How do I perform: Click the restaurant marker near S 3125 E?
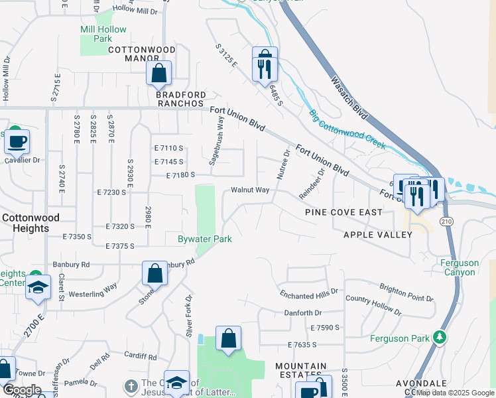point(265,64)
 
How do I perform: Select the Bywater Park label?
point(205,239)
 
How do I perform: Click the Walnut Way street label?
point(250,190)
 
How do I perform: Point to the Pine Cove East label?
point(343,212)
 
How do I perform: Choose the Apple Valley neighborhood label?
point(373,235)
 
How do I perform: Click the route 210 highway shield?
point(445,221)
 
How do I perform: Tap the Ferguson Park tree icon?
point(439,338)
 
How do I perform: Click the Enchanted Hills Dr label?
point(309,291)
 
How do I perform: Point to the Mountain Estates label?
point(301,370)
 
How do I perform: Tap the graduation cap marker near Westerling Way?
point(38,289)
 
